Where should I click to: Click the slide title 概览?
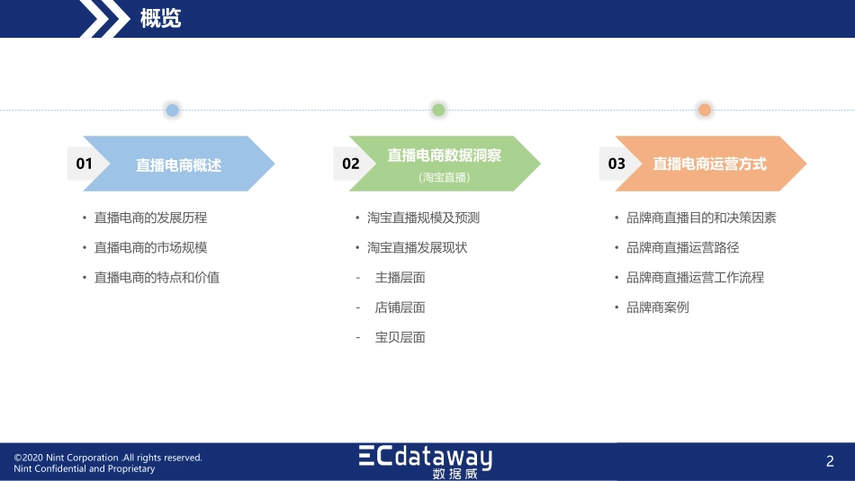(161, 19)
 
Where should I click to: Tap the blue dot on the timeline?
(172, 111)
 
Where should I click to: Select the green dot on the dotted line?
(438, 111)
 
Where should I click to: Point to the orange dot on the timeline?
(705, 111)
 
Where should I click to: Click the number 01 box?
(85, 164)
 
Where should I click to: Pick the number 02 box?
(351, 164)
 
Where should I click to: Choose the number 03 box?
(616, 164)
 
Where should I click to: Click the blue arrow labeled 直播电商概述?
(180, 165)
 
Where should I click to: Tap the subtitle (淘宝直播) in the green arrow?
(445, 178)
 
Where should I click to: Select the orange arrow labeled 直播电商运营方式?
(711, 164)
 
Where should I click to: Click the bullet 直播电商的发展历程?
(151, 218)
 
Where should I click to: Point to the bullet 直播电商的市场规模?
(151, 247)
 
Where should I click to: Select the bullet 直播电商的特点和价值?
(157, 278)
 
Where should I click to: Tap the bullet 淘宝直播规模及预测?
(423, 218)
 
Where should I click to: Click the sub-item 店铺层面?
(400, 307)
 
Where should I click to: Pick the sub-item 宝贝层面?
(400, 338)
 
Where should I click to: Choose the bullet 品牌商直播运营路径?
(682, 247)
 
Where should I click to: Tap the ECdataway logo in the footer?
(426, 460)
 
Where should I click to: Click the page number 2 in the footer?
(830, 461)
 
